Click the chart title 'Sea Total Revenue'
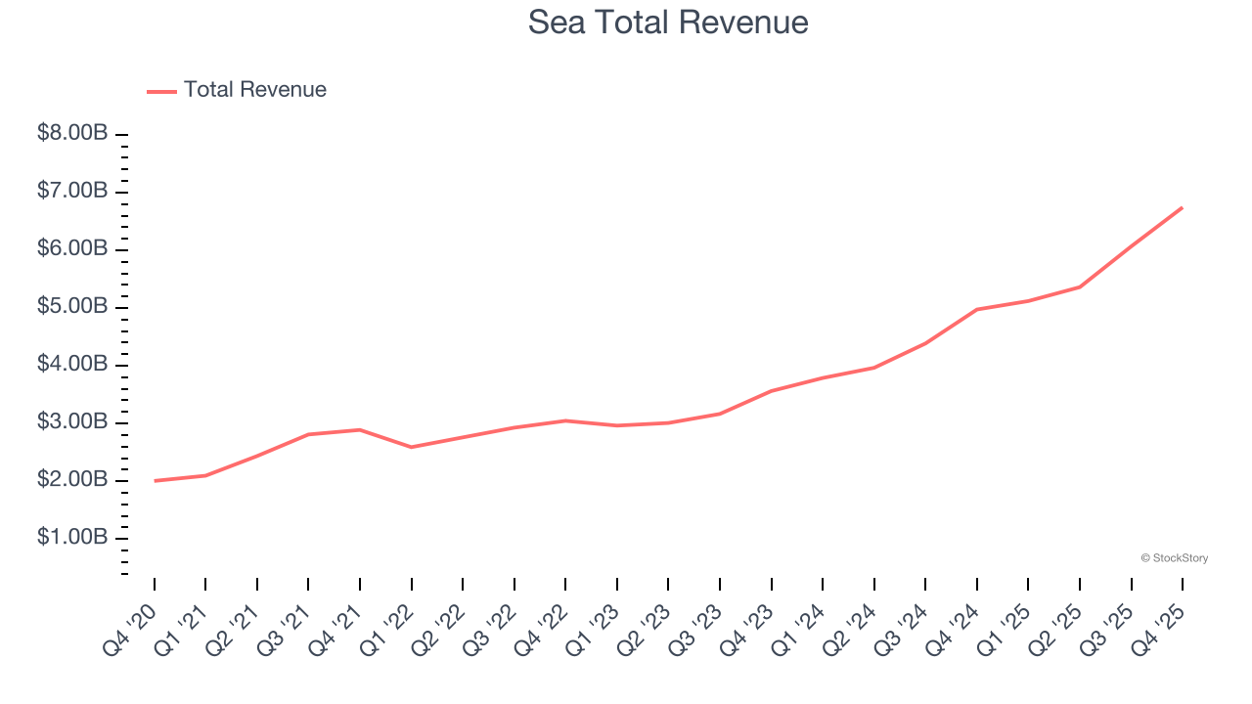click(668, 22)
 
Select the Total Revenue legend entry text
click(254, 90)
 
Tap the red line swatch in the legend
click(161, 91)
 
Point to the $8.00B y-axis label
click(72, 133)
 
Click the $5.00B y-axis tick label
click(72, 307)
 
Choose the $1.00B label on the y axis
click(72, 538)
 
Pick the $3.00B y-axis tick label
click(72, 422)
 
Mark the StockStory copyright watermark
click(1174, 558)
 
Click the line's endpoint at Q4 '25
click(1183, 207)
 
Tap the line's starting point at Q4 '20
click(155, 480)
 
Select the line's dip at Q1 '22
click(412, 447)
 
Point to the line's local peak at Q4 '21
click(360, 429)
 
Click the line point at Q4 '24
click(977, 309)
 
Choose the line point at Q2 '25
click(1080, 286)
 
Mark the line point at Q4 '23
click(772, 391)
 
